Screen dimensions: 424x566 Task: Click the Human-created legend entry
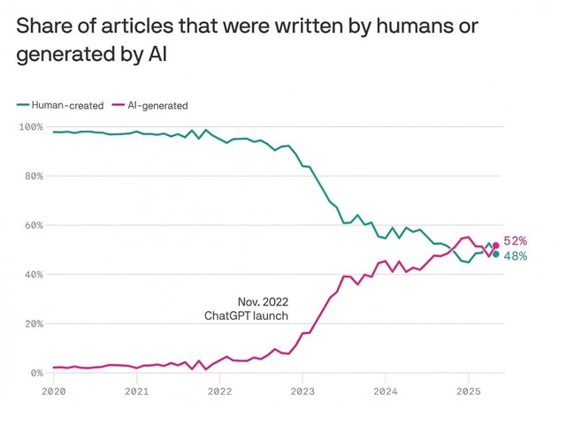tap(61, 105)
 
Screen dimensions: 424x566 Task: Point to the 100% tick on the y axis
tap(30, 127)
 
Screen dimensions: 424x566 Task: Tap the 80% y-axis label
tap(33, 177)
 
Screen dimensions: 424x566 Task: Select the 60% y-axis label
tap(33, 225)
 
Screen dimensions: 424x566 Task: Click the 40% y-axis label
tap(33, 275)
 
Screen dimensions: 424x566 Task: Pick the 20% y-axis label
tap(33, 324)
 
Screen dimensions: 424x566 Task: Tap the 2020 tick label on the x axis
tap(53, 390)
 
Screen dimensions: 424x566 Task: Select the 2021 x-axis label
tap(136, 390)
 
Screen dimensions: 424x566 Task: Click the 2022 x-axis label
tap(219, 390)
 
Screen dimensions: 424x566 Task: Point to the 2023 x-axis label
tap(302, 390)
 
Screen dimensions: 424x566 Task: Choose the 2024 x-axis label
tap(386, 390)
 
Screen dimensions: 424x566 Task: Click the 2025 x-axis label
tap(468, 390)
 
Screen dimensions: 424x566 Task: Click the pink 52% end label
tap(516, 241)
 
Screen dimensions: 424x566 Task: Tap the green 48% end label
tap(516, 256)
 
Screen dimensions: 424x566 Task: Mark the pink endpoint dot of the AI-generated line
tap(496, 246)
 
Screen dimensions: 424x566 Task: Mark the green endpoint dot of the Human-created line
tap(496, 254)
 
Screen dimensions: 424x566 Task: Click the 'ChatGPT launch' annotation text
tap(247, 315)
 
